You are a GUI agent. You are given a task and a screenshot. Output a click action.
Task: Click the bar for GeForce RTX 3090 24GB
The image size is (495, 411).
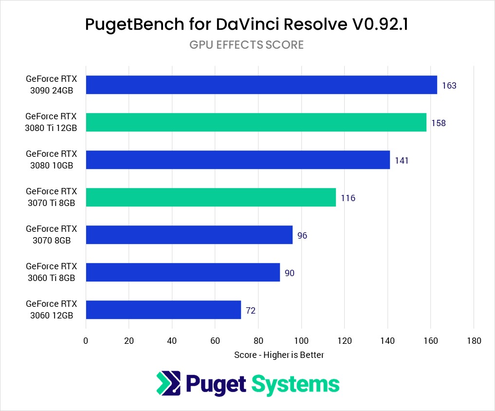point(261,85)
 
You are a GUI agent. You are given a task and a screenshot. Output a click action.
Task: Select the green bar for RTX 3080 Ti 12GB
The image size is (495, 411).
point(256,122)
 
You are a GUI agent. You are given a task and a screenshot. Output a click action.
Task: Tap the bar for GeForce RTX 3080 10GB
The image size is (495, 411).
point(238,160)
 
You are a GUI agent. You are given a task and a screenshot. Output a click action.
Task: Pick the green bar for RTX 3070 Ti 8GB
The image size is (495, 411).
point(211,197)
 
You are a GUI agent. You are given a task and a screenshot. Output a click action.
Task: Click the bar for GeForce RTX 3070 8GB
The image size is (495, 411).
point(189,235)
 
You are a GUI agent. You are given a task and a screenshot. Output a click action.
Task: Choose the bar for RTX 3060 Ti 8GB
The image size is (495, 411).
point(183,272)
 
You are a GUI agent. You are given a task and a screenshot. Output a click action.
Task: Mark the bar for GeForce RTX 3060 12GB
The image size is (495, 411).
point(164,310)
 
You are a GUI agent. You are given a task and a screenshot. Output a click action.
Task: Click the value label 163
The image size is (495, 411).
point(449,86)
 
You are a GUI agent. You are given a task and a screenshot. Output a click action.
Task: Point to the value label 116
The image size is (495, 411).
point(348,198)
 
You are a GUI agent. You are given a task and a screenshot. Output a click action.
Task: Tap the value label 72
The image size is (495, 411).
point(251,310)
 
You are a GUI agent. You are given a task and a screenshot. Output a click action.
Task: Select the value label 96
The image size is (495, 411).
point(302,236)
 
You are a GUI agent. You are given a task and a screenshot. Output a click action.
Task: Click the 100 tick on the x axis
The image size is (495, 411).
point(301,341)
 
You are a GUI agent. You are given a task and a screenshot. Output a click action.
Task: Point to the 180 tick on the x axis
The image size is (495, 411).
point(474,341)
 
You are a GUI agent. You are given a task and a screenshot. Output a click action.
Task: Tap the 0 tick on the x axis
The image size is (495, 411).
point(86,341)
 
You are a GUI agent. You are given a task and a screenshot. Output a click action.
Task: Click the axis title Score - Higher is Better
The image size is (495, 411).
point(279,355)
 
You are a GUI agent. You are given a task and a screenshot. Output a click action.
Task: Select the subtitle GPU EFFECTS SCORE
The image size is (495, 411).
point(246,45)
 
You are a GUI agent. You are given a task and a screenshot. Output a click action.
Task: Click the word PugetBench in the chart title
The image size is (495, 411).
point(129,24)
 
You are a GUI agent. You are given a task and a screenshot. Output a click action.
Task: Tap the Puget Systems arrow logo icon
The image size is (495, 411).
point(168,383)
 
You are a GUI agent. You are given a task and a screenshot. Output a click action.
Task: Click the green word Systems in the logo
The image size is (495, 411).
point(295,384)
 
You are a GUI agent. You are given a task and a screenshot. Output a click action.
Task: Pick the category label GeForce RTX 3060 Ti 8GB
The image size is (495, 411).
point(51,272)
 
